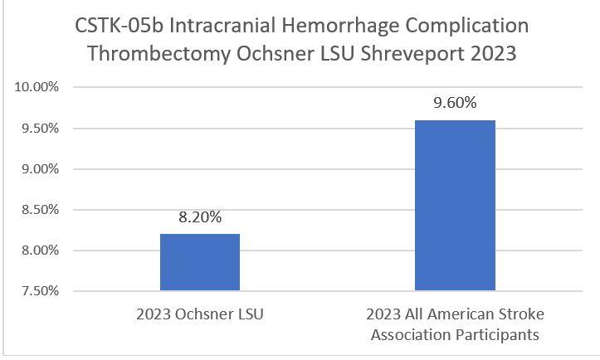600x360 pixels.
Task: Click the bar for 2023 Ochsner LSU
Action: coord(200,262)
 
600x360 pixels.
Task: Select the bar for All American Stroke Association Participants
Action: coord(455,206)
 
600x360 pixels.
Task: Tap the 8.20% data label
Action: coord(200,218)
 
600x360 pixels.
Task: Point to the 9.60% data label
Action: coord(455,104)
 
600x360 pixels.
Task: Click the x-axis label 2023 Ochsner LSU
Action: coord(200,317)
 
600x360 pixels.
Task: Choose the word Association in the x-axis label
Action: coord(412,335)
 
